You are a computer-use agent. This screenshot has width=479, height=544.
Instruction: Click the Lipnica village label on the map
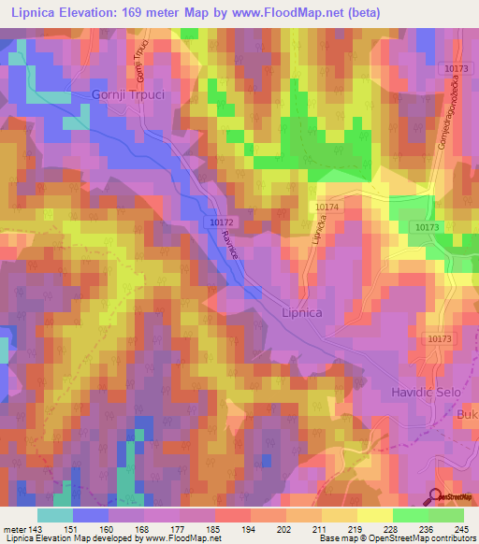(301, 314)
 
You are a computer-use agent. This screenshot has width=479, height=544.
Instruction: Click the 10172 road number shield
(222, 223)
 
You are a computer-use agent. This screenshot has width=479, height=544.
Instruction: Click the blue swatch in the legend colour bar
(90, 515)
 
